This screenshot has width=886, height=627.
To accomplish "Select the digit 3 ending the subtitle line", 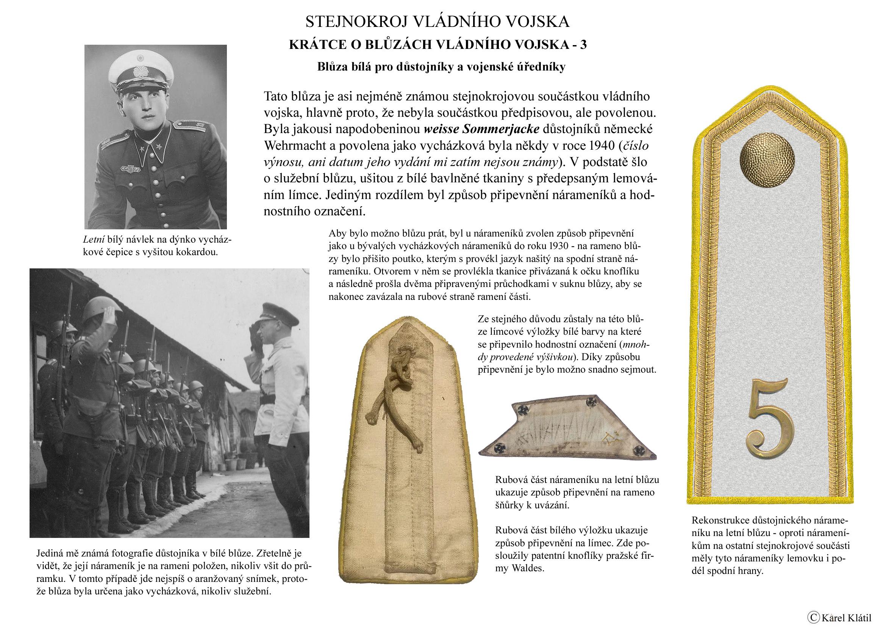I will coord(583,45).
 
